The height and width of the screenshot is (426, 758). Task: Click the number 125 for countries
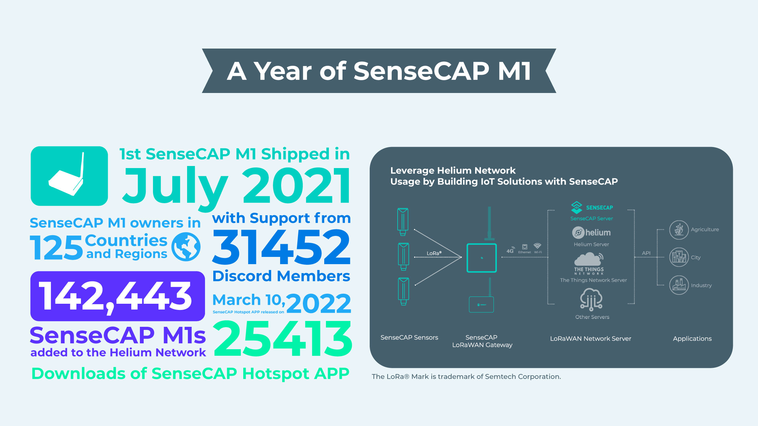coord(56,248)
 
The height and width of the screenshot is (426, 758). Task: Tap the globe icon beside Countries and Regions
coord(186,247)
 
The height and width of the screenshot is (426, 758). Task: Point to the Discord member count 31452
coord(281,247)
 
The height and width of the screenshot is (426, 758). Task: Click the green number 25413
coord(283,339)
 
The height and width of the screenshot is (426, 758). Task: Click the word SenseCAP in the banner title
coord(421,71)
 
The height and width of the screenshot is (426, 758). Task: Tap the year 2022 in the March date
coord(318,303)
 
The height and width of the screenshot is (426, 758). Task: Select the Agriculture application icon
coord(679,230)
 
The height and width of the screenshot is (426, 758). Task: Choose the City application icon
coord(679,257)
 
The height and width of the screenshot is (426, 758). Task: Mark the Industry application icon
coord(679,285)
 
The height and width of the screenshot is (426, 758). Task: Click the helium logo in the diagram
coord(591,233)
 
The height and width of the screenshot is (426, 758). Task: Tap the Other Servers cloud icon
coord(591,299)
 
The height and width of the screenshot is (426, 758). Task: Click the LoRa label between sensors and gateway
coord(434,253)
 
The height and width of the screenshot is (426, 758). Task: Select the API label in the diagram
coord(646,253)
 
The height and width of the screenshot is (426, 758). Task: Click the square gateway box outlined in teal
coord(481,258)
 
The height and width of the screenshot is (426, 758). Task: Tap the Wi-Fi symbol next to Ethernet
coord(537,246)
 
